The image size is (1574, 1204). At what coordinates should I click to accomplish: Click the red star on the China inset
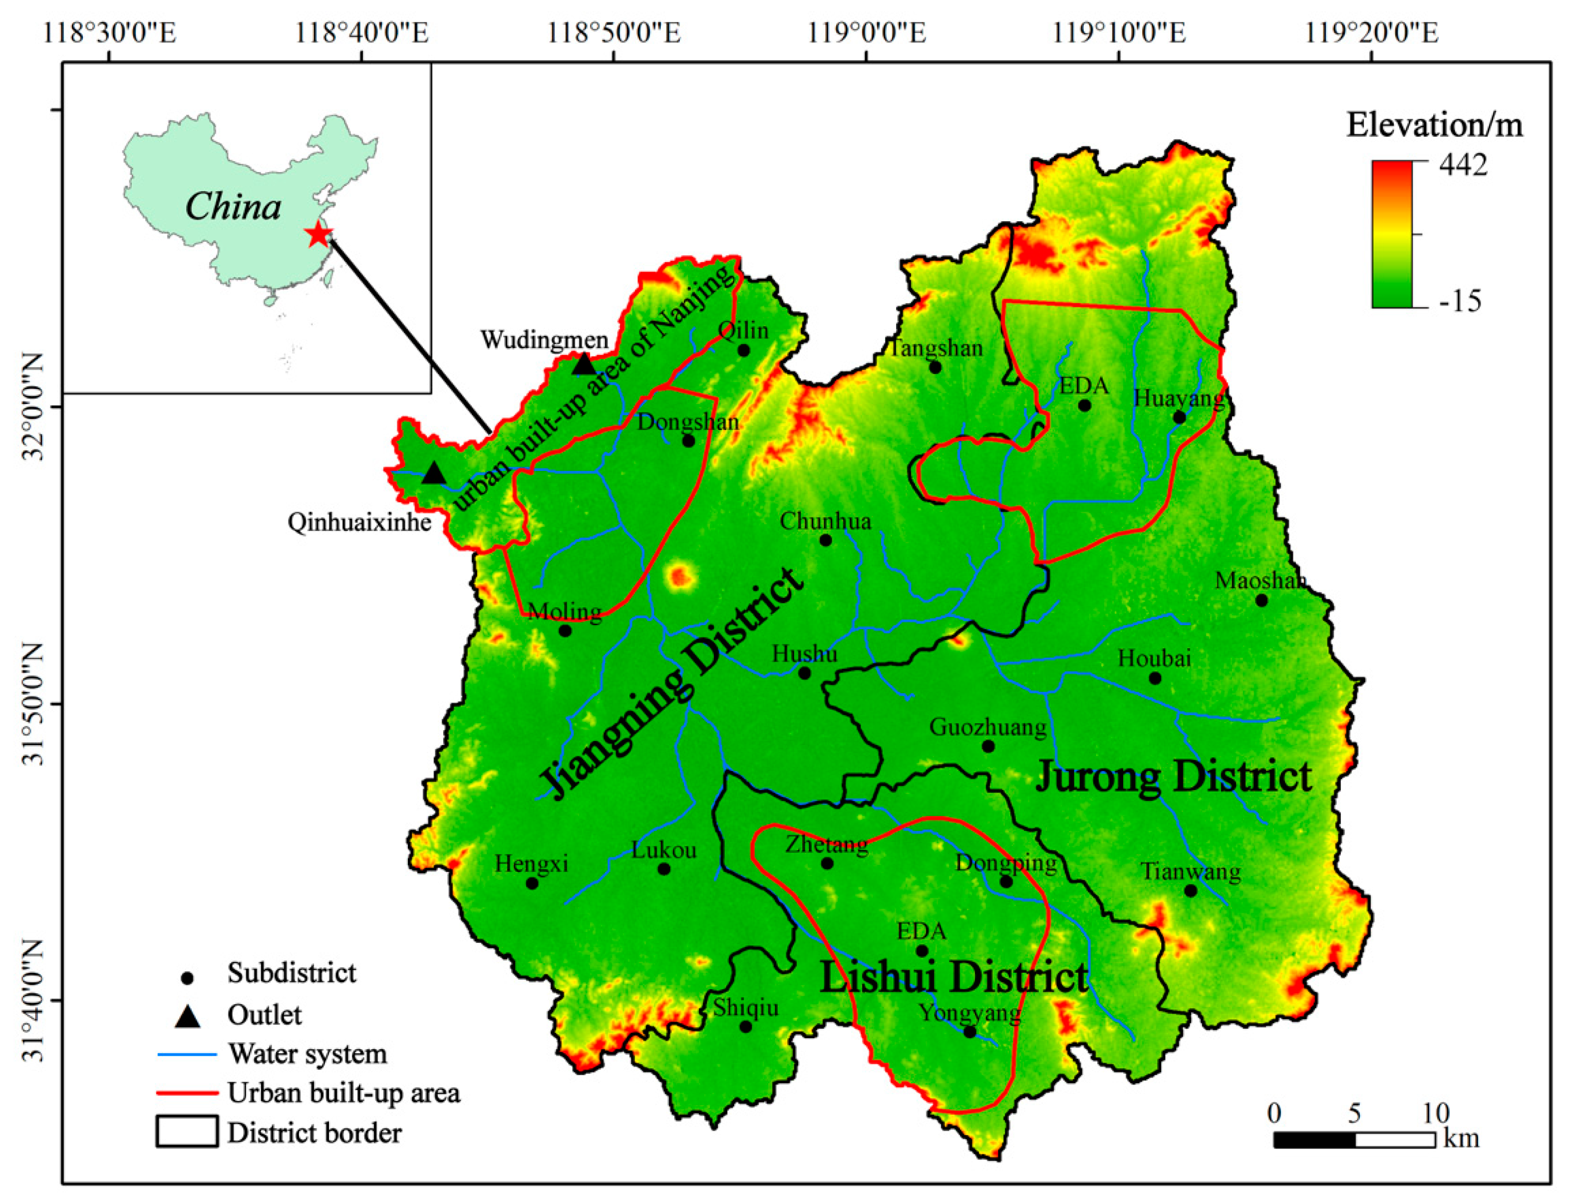pos(318,234)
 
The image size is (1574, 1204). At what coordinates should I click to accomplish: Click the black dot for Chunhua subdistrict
pos(825,540)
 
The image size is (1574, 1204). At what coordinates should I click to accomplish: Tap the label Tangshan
pos(935,348)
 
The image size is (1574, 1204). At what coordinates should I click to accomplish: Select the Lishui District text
pos(953,978)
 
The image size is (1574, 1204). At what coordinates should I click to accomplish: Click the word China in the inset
pos(233,207)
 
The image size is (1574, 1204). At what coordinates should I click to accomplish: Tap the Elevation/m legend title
pos(1434,125)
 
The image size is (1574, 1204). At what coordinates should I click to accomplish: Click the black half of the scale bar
pos(1314,1140)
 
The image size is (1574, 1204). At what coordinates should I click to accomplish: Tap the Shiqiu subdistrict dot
pos(745,1026)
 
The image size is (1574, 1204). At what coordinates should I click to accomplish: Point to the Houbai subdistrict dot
pos(1155,678)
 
